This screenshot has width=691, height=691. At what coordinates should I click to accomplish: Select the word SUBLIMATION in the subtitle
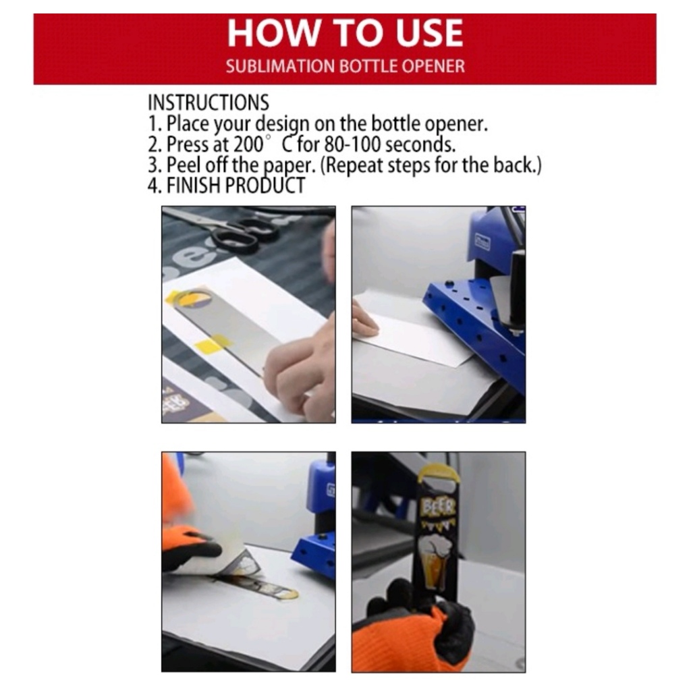[280, 66]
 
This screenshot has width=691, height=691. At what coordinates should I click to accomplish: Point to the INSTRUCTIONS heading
[208, 103]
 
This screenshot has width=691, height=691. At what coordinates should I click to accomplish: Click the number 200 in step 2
[248, 144]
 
